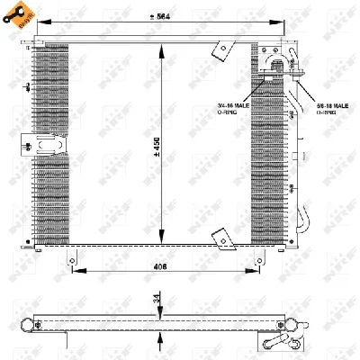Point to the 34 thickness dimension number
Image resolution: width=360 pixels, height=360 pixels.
pyautogui.click(x=158, y=301)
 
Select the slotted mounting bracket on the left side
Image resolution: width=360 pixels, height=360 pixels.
pyautogui.click(x=47, y=144)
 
